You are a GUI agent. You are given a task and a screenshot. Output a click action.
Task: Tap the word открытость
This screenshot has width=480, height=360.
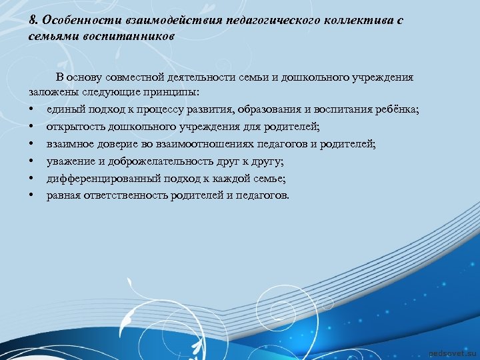76,127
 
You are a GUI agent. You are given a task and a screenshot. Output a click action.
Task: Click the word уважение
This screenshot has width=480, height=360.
72,161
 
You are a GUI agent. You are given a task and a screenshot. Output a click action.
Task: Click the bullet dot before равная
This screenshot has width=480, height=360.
32,195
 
